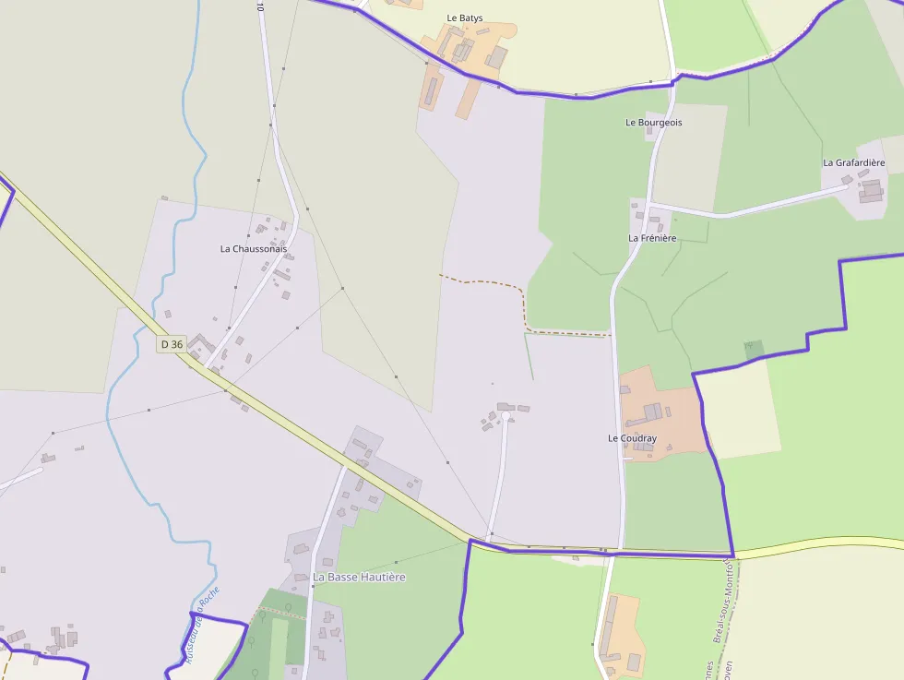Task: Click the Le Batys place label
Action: [x=464, y=18]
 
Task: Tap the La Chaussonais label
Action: [x=253, y=249]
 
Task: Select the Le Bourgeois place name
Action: [x=653, y=122]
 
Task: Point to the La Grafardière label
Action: [x=853, y=162]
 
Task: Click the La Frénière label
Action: [x=652, y=238]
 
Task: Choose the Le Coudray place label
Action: [x=632, y=438]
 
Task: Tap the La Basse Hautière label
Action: [x=359, y=577]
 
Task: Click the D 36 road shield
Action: [x=172, y=344]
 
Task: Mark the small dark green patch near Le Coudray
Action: [x=755, y=350]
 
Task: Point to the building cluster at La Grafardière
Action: [x=870, y=190]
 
